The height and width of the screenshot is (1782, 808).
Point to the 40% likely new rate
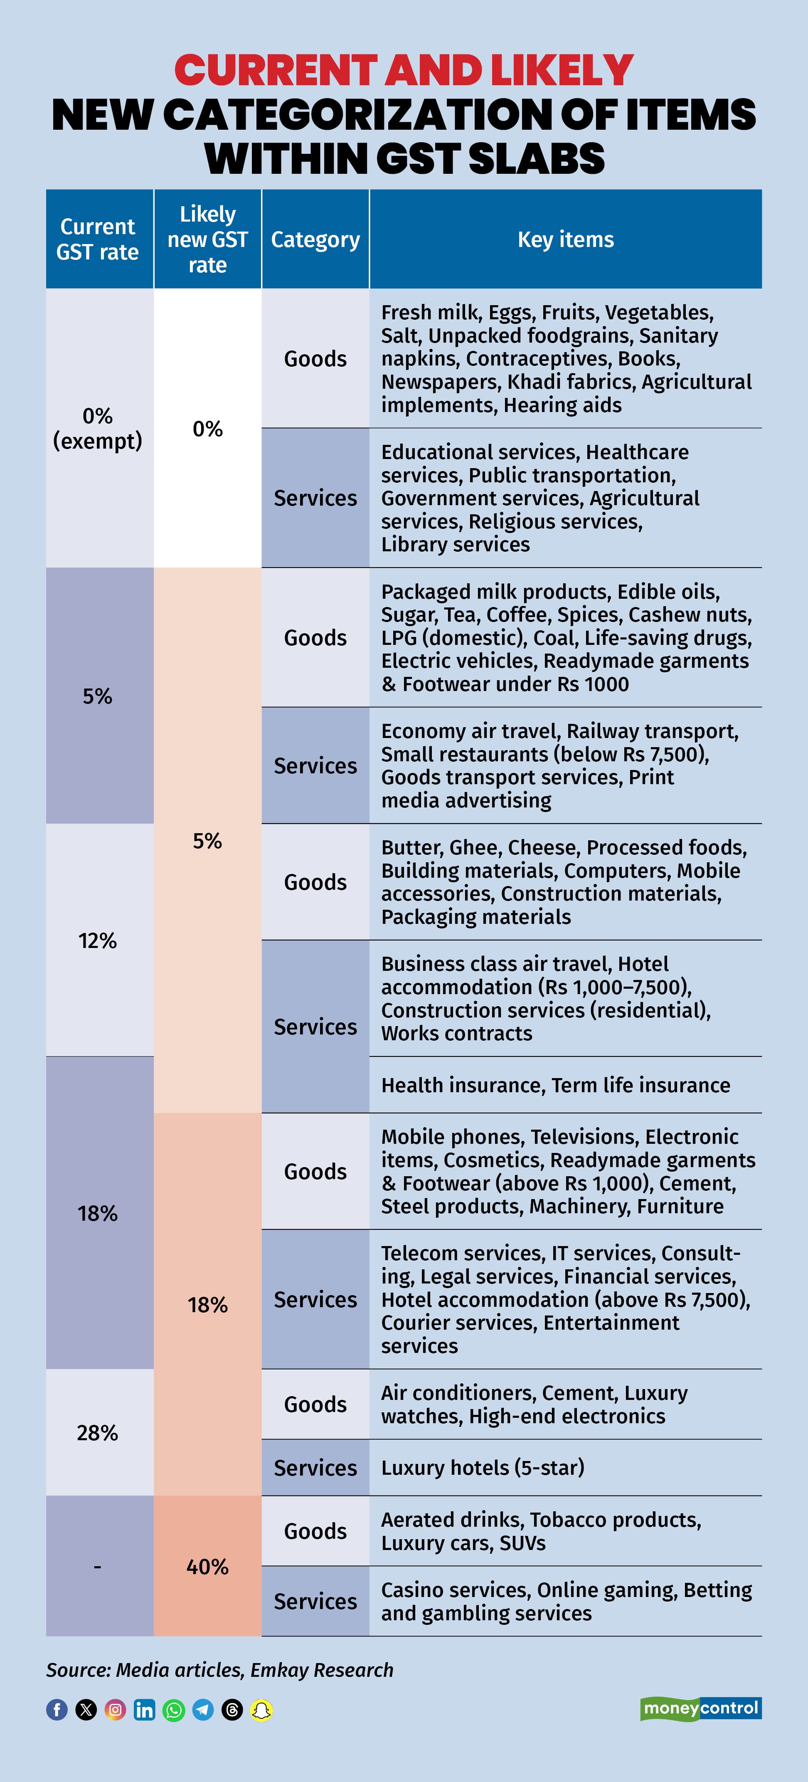(207, 1566)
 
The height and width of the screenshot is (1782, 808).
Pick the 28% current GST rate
(98, 1432)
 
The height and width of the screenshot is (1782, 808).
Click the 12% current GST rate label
(98, 940)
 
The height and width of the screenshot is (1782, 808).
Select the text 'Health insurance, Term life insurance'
(555, 1085)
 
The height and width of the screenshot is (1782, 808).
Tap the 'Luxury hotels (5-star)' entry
(483, 1467)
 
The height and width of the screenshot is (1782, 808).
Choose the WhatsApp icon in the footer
(174, 1710)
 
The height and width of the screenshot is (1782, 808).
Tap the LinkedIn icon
(145, 1710)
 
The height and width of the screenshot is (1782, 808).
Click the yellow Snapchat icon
(261, 1710)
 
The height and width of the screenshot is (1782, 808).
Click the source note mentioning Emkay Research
(219, 1670)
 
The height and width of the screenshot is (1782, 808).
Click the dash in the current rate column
(98, 1566)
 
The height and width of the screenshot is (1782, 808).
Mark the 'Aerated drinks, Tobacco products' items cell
(541, 1531)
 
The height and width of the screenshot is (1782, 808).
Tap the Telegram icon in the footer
(203, 1710)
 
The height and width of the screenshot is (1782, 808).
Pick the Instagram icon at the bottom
(116, 1710)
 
